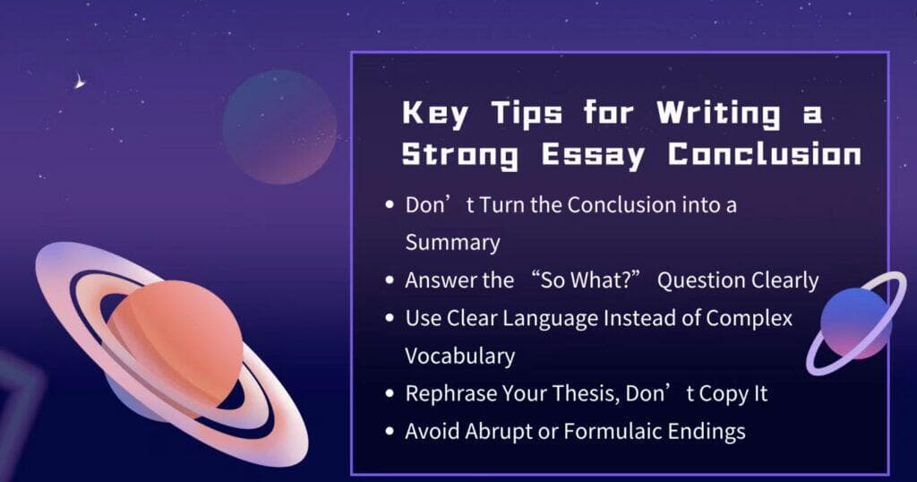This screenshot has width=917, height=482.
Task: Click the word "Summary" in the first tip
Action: click(x=452, y=242)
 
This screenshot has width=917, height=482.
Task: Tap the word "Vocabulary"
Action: click(x=460, y=356)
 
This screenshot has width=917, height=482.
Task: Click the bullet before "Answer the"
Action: click(x=390, y=280)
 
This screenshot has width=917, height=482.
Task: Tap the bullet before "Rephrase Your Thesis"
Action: click(x=390, y=393)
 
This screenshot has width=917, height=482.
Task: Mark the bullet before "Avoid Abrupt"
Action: click(x=390, y=431)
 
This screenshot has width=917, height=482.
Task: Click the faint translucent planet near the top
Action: click(x=279, y=126)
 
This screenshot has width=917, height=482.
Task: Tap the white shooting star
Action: click(x=79, y=83)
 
